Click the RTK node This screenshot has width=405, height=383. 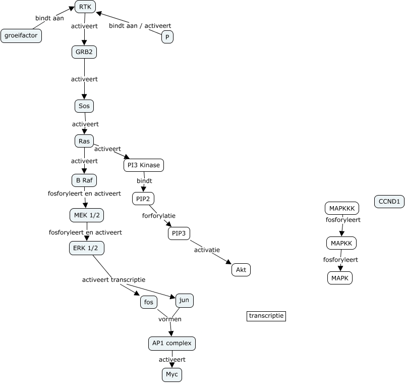tap(85, 7)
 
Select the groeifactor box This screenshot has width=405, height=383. tap(22, 36)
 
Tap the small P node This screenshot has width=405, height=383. tap(167, 37)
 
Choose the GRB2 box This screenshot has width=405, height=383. tap(84, 52)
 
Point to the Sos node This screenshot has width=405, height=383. tap(84, 106)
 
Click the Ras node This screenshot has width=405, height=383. tap(84, 141)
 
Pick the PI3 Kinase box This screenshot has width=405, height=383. tap(144, 165)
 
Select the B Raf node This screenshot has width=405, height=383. tap(84, 180)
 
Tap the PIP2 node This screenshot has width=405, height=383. tap(143, 199)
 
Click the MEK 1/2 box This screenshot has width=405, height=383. tap(86, 216)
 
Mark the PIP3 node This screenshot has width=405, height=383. tap(179, 233)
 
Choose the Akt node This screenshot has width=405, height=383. tap(241, 270)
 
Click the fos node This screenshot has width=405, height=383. tap(149, 302)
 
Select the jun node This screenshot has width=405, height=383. tap(185, 301)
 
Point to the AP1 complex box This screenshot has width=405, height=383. tap(171, 344)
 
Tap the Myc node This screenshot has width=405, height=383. tap(171, 374)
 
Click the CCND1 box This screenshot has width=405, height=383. tap(389, 202)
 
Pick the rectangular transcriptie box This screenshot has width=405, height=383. tap(266, 316)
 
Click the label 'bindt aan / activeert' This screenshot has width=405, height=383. tap(140, 26)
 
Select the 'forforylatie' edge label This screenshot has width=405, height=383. tap(159, 215)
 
